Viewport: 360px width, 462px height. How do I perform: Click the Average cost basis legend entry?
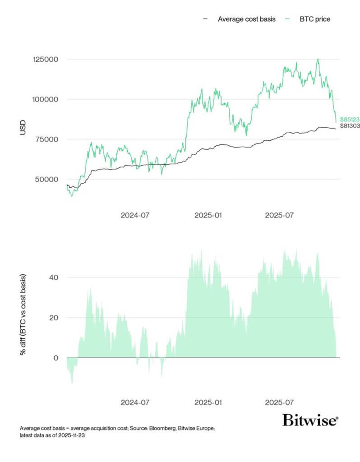point(246,19)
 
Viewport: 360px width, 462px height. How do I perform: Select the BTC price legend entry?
point(315,19)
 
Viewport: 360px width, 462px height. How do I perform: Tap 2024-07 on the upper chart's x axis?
point(135,215)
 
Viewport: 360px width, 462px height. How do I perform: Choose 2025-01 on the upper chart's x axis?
point(208,215)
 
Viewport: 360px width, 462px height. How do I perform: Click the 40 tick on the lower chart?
point(54,277)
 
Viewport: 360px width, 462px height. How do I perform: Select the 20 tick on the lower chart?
point(54,318)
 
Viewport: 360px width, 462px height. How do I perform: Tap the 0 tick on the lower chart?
point(56,358)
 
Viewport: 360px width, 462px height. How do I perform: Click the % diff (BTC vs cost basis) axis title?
point(23,314)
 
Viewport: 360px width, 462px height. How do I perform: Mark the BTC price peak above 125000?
point(318,59)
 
